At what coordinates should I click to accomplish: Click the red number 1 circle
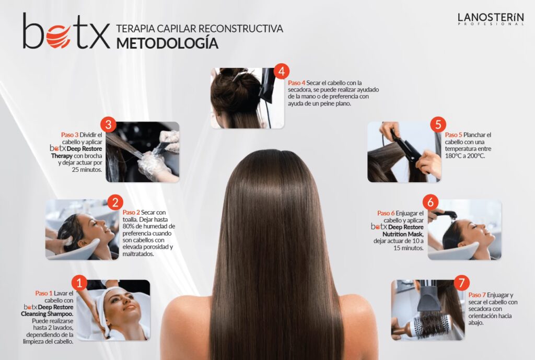pos(79,283)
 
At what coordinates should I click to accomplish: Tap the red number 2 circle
pos(115,203)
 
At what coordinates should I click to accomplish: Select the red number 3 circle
pos(109,124)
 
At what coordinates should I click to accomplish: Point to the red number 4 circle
pos(281,71)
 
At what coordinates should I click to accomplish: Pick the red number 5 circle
pos(438,124)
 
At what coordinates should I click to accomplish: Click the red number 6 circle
pos(431,202)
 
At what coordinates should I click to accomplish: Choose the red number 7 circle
pos(462,283)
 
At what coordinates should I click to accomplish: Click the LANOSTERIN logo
pos(491,19)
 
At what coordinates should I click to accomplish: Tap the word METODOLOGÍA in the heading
pos(167,43)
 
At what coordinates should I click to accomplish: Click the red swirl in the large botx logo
pos(59,36)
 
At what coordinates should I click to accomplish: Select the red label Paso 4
pos(297,83)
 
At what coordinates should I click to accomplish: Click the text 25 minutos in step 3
pos(87,170)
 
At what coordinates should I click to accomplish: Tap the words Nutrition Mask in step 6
pos(403,234)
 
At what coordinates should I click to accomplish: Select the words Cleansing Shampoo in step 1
pos(47,314)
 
